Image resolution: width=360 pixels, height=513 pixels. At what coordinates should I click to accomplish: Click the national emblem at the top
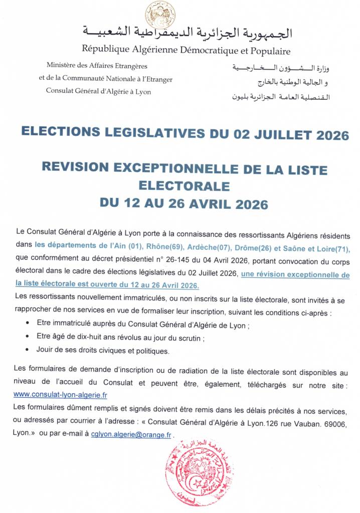(x=160, y=14)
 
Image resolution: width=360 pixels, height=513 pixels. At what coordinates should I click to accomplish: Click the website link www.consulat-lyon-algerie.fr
(x=60, y=394)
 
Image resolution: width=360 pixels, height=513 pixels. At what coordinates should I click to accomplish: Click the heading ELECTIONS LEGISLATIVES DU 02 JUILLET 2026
(x=185, y=134)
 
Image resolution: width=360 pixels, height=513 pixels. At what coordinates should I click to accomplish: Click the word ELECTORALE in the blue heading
(x=184, y=186)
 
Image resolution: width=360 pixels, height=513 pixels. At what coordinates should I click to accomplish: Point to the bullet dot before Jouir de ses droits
(x=26, y=350)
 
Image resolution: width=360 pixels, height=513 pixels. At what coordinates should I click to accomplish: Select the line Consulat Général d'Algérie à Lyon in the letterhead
(x=98, y=91)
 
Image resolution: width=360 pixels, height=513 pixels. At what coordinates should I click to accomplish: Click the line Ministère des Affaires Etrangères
(x=97, y=66)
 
